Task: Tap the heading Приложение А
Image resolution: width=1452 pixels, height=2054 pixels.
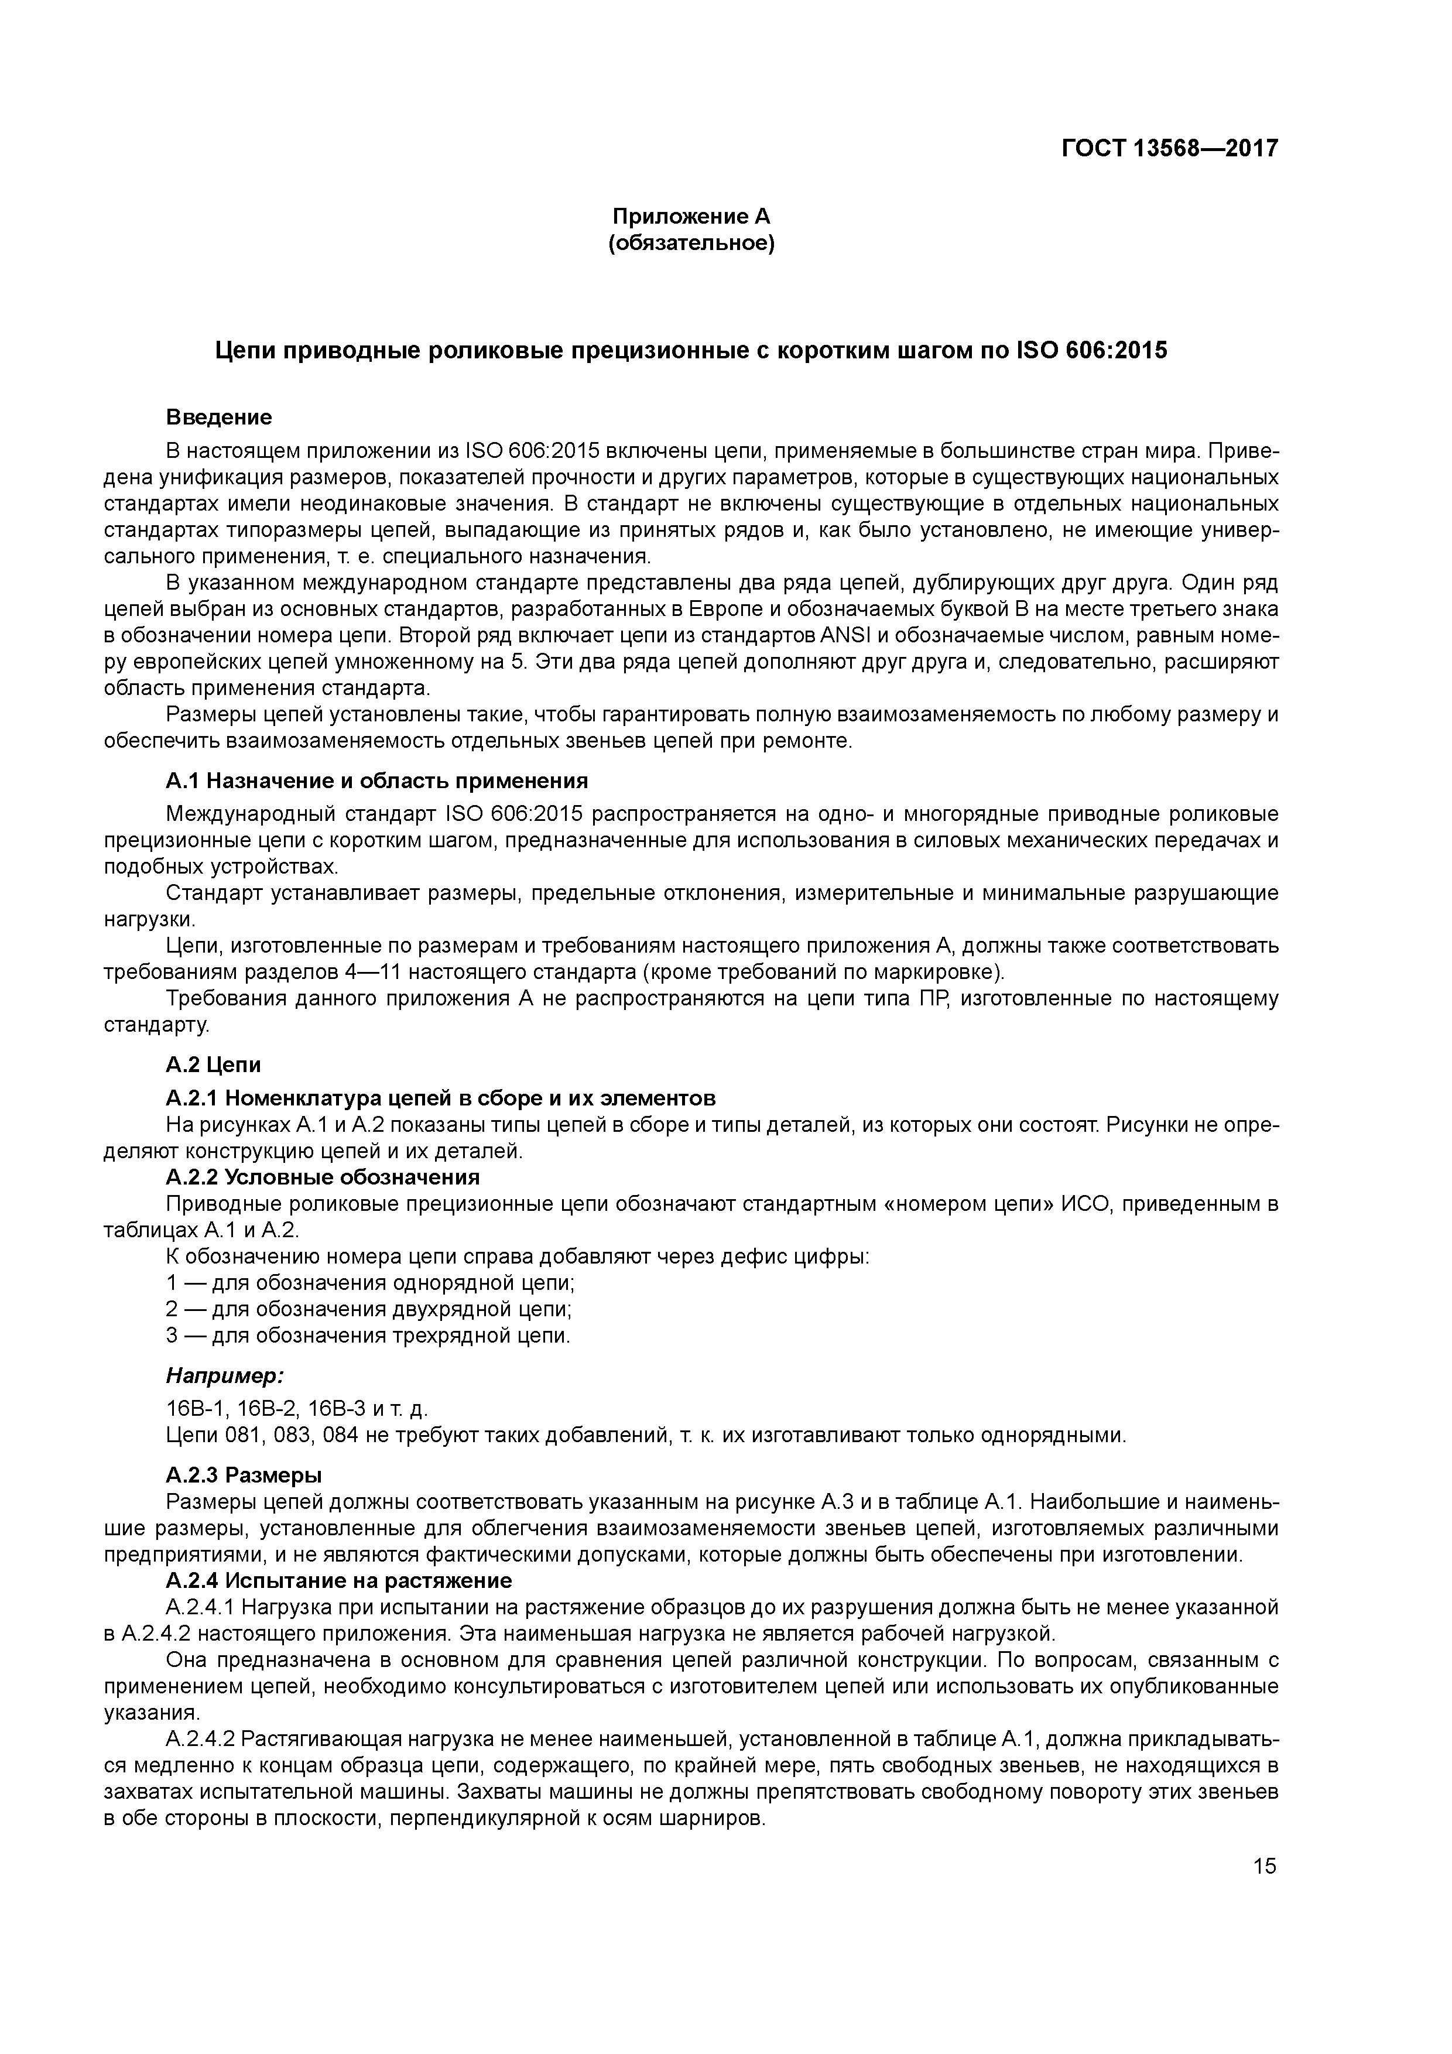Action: coord(691,217)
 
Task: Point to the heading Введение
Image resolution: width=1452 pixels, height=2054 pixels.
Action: coord(218,417)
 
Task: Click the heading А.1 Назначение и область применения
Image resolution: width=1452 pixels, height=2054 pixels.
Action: coord(376,781)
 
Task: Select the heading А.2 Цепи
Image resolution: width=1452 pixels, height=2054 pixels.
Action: coord(213,1064)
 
